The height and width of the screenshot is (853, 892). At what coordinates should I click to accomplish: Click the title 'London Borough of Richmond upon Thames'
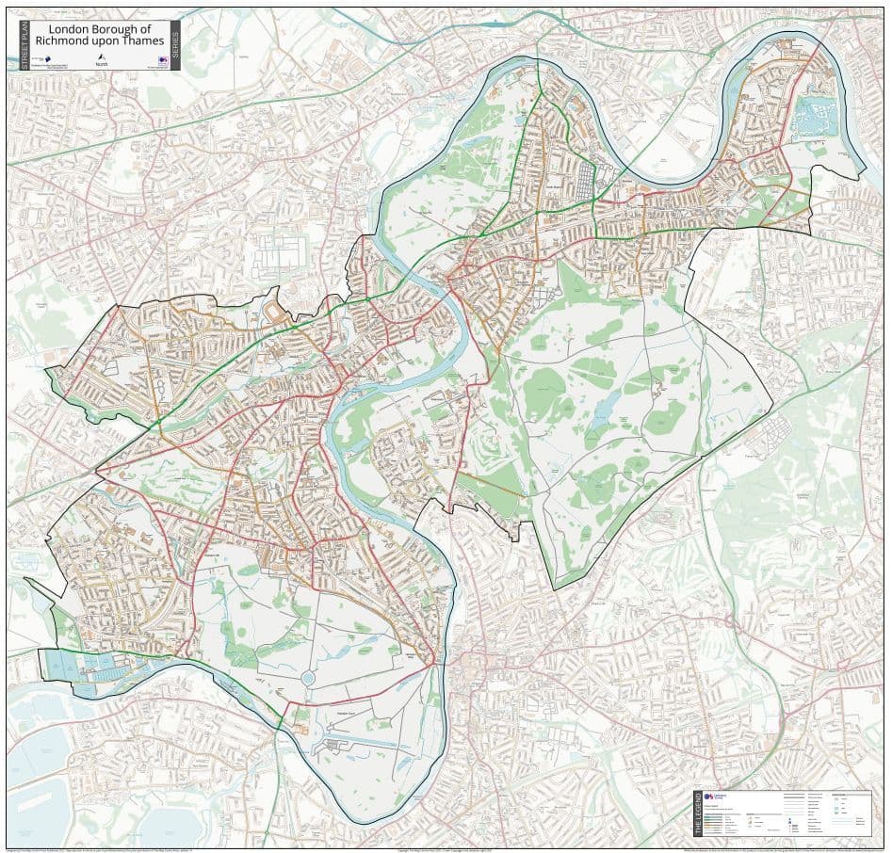pyautogui.click(x=99, y=35)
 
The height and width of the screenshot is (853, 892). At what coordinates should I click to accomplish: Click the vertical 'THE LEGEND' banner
pyautogui.click(x=698, y=813)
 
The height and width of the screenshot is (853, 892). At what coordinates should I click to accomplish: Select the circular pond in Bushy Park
pyautogui.click(x=308, y=678)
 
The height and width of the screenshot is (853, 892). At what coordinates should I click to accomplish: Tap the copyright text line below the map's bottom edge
pyautogui.click(x=443, y=848)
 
